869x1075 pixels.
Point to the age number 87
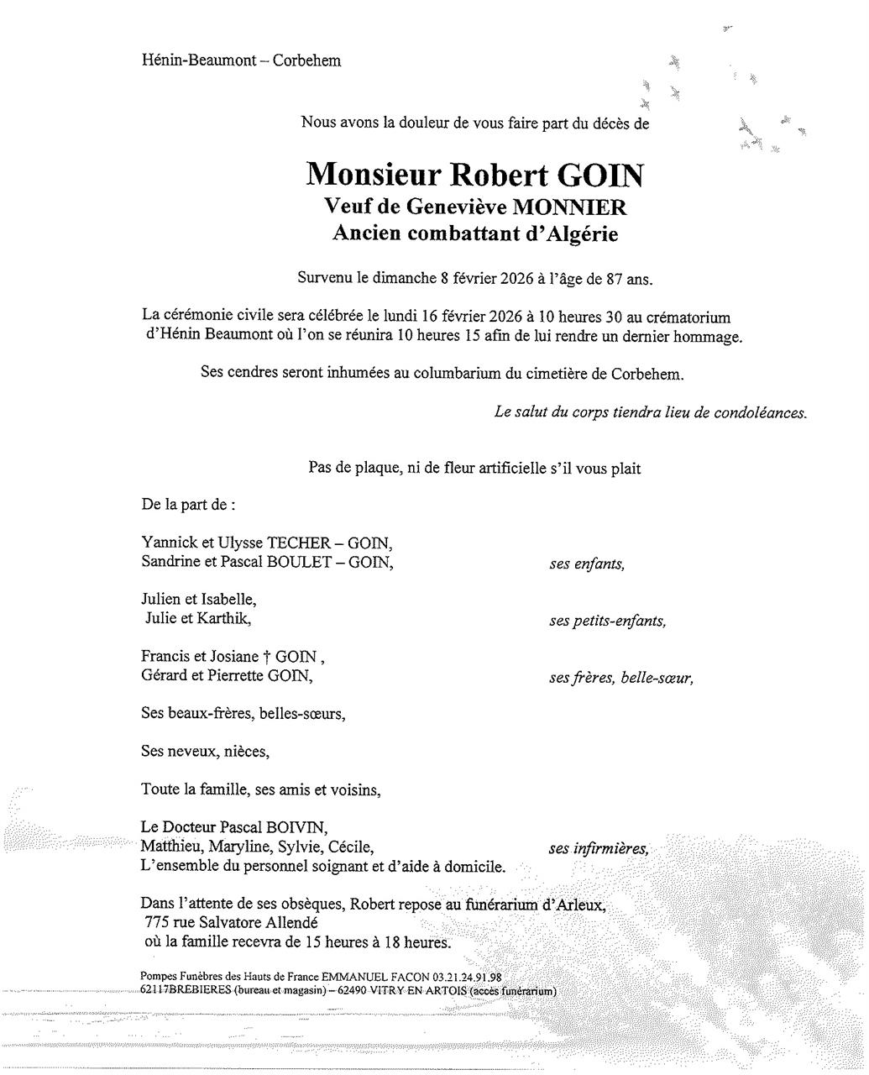coord(604,279)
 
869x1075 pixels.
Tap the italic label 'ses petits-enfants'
coord(607,621)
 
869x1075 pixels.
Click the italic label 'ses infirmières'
coord(599,849)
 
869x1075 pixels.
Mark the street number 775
coord(157,923)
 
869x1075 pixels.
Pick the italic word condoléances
coord(758,413)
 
